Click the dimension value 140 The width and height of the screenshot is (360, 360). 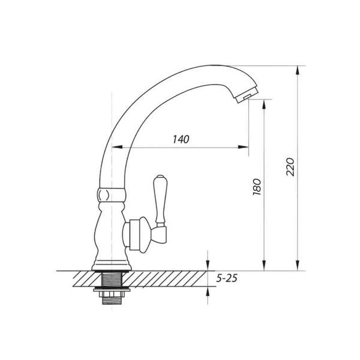coord(181,139)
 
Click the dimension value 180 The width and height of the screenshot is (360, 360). coord(257,187)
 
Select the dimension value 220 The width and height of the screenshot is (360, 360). coord(290,167)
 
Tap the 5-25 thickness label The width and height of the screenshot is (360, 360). coord(227,278)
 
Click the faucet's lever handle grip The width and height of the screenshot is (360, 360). coord(160,199)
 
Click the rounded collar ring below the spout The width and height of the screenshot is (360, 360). coord(112,194)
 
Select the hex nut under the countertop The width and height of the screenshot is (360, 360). coord(112,294)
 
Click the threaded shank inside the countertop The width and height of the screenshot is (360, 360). coord(112,279)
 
